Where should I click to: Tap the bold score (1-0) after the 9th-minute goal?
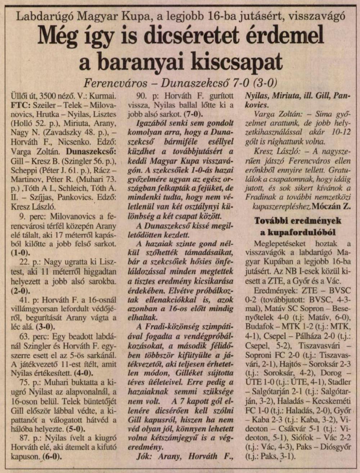coord(20,252)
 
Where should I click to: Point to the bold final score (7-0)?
coord(193,115)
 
